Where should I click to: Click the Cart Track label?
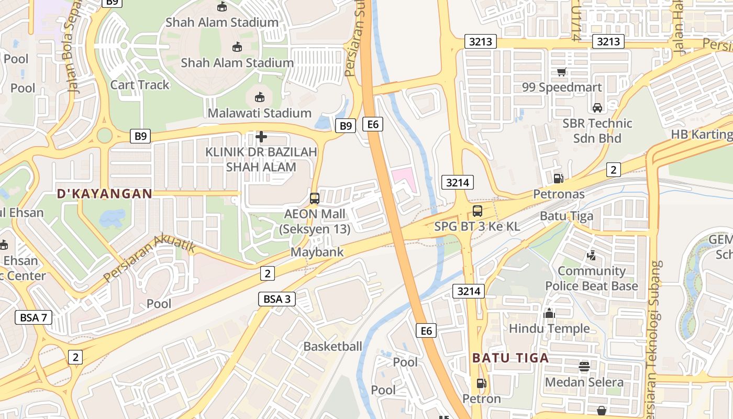tap(140, 85)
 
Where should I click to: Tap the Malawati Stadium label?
tap(259, 113)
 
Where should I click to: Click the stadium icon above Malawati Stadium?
tap(259, 97)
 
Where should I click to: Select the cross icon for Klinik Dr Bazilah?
tap(261, 137)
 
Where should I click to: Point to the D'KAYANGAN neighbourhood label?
tap(105, 194)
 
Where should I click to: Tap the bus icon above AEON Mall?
tap(314, 199)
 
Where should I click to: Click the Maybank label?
tap(317, 252)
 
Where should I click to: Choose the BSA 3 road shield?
tap(277, 299)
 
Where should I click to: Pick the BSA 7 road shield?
tap(34, 317)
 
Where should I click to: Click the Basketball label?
tap(332, 346)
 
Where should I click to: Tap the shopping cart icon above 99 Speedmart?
tap(562, 72)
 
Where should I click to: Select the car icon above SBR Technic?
tap(597, 108)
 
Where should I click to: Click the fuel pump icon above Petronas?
tap(559, 178)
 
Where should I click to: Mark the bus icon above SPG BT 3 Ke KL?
tap(477, 211)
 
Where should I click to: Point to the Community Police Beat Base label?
tap(592, 279)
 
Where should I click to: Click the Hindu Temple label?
tap(549, 329)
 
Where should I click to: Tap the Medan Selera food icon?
tap(584, 367)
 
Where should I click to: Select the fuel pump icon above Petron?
tap(481, 383)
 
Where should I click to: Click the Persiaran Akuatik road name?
tap(149, 257)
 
